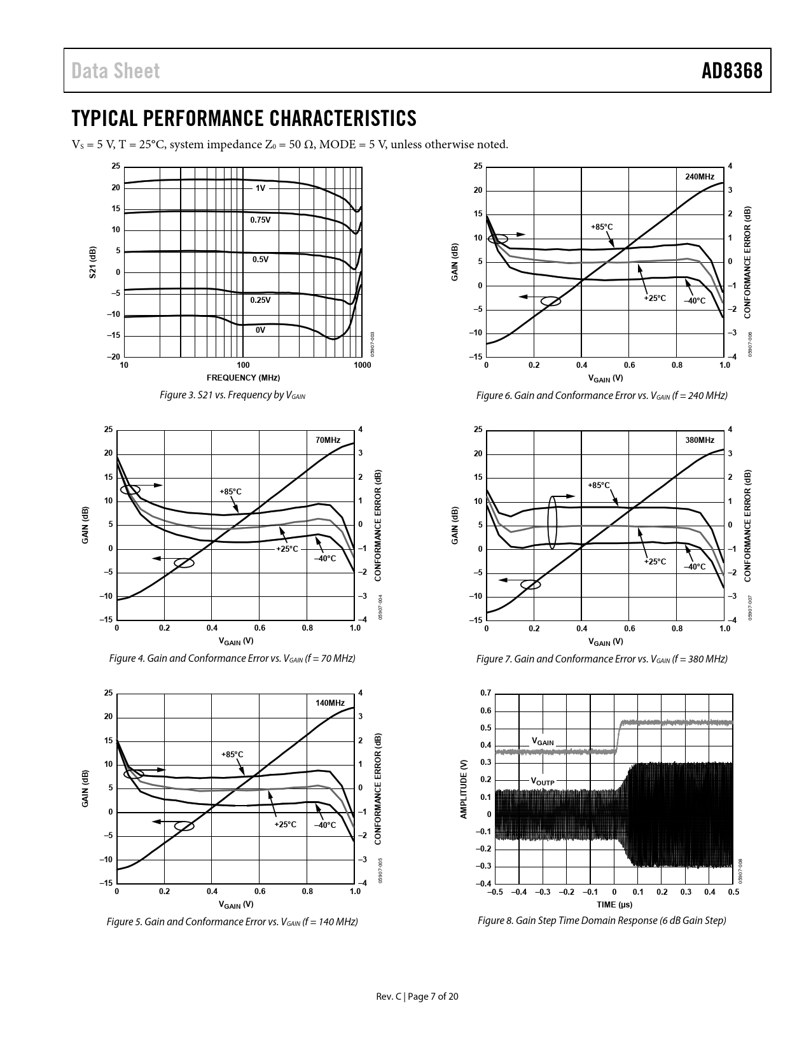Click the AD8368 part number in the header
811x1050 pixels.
731,71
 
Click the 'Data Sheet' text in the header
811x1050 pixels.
116,71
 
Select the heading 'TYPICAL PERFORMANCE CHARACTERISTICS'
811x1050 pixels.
244,118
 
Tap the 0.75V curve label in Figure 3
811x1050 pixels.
260,220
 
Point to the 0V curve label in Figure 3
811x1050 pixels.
260,330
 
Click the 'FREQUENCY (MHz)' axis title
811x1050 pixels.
243,378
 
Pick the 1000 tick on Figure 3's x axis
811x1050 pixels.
362,365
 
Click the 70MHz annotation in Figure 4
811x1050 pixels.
328,440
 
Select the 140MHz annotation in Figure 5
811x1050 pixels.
330,703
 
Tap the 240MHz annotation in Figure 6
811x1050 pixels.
700,176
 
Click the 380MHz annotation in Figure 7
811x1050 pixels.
700,440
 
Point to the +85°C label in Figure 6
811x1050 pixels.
602,227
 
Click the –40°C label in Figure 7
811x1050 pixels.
695,566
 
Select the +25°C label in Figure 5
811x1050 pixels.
286,824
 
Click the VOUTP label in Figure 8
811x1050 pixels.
543,781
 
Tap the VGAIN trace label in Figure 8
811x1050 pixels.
543,742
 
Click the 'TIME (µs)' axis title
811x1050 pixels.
614,904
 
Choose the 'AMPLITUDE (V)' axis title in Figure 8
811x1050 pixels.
464,788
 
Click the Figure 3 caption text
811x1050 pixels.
232,395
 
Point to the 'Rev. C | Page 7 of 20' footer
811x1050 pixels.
417,997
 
